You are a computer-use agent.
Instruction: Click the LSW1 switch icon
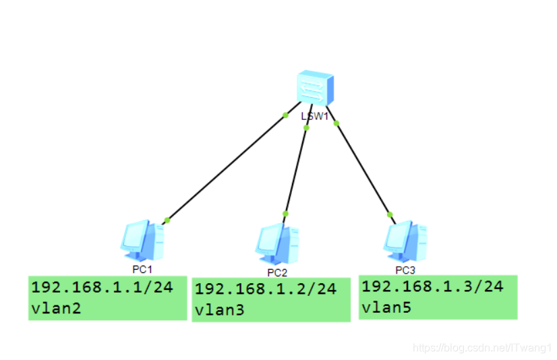[314, 88]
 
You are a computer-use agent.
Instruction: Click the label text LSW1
[314, 116]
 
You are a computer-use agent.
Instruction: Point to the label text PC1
[142, 269]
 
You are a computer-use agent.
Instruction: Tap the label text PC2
[277, 272]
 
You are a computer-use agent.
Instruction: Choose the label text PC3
[405, 270]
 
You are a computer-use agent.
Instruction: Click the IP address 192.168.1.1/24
[102, 287]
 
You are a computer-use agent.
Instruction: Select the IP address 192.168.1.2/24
[265, 289]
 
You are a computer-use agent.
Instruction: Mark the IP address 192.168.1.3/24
[432, 286]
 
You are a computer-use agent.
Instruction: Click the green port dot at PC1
[167, 220]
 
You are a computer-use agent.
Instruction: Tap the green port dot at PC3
[390, 214]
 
